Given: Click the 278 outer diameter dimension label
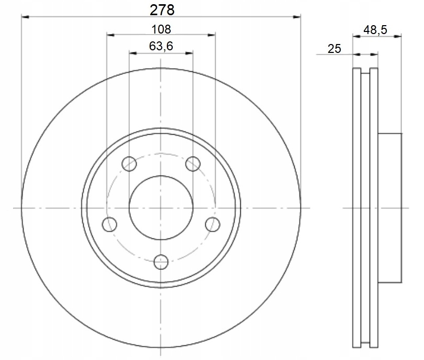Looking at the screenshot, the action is point(162,10).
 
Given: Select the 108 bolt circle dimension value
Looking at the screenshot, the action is point(161,29).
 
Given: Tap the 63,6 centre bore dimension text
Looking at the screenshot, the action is point(161,46).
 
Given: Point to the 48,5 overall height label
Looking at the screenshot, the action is point(375,29).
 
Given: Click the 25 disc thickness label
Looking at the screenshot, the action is point(334,49).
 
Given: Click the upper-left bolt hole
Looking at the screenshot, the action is point(129,164).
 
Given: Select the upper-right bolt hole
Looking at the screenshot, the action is point(193,164).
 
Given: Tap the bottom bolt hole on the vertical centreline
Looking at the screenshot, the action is point(161,261).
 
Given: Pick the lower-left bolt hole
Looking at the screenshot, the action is point(109,224).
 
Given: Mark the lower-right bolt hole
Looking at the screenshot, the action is point(213,224).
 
